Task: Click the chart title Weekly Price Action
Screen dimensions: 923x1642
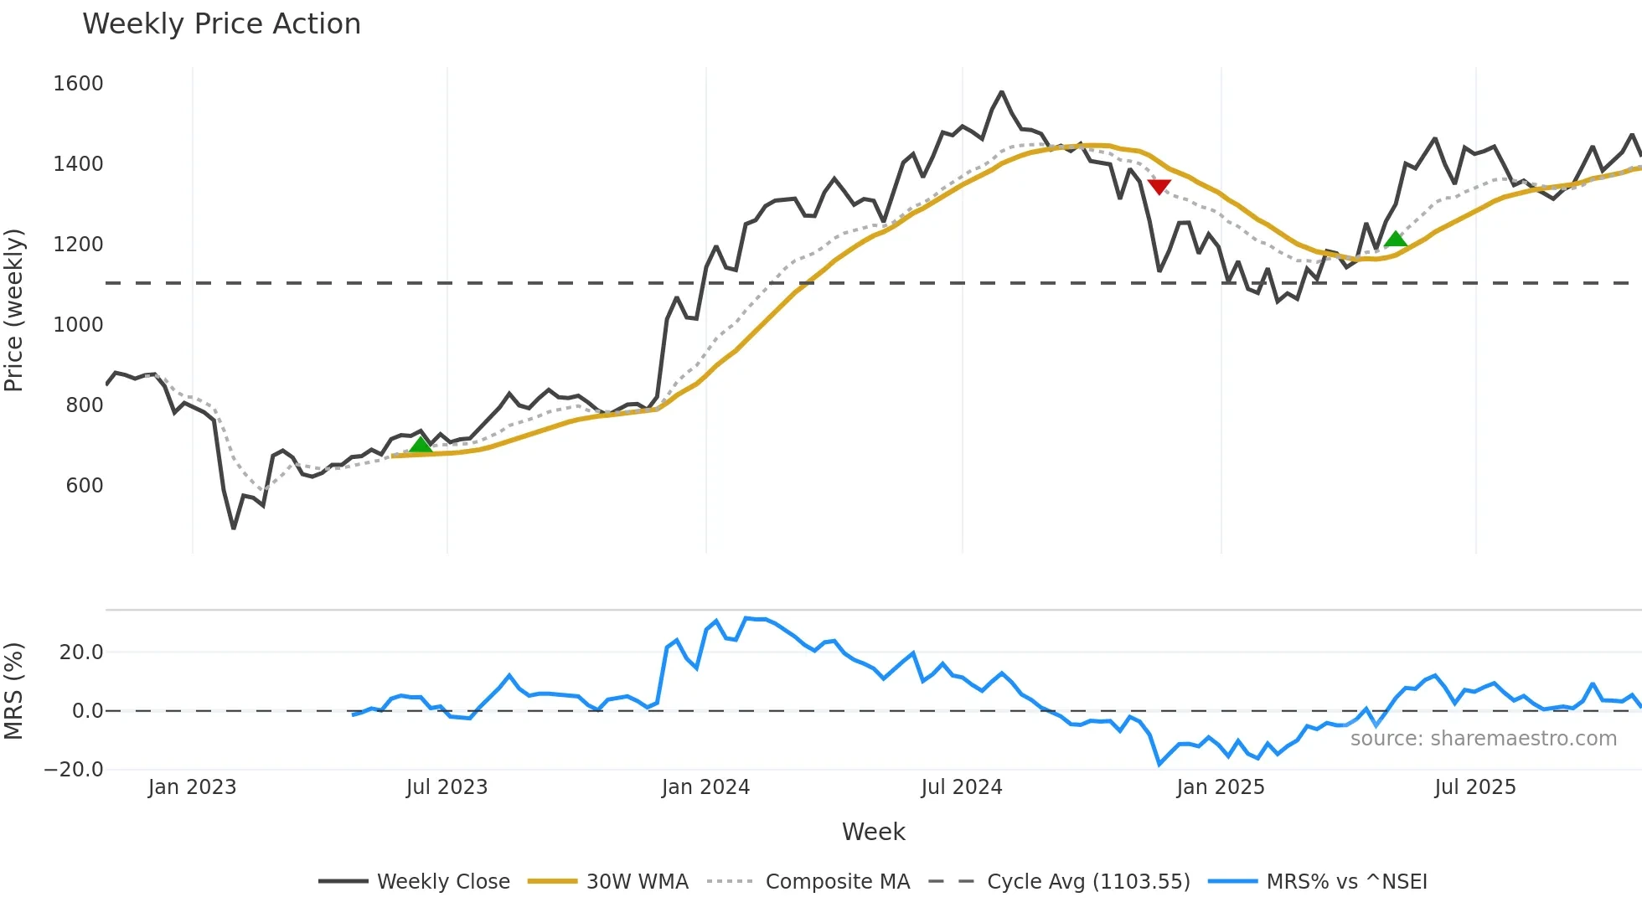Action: coord(221,24)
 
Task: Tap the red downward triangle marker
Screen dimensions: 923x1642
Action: coord(1159,187)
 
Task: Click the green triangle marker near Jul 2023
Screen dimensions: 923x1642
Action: coord(421,444)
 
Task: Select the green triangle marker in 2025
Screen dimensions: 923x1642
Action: coord(1395,240)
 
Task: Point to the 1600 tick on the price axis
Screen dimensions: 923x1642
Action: coord(78,84)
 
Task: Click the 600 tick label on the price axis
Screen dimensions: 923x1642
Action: coord(84,486)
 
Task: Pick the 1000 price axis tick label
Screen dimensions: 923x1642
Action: coord(78,325)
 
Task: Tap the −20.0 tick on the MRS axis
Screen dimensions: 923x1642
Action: coord(74,770)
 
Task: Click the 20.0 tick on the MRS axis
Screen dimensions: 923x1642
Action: coord(81,652)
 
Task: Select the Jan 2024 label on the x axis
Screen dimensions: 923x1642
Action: coord(705,787)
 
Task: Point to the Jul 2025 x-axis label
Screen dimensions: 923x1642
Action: coord(1475,787)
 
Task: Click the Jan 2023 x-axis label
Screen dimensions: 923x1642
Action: coord(193,787)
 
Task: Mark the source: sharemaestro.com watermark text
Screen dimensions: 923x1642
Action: coord(1483,739)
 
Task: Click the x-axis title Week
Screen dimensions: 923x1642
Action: coord(873,832)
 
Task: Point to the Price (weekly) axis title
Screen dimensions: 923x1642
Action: coord(14,310)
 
